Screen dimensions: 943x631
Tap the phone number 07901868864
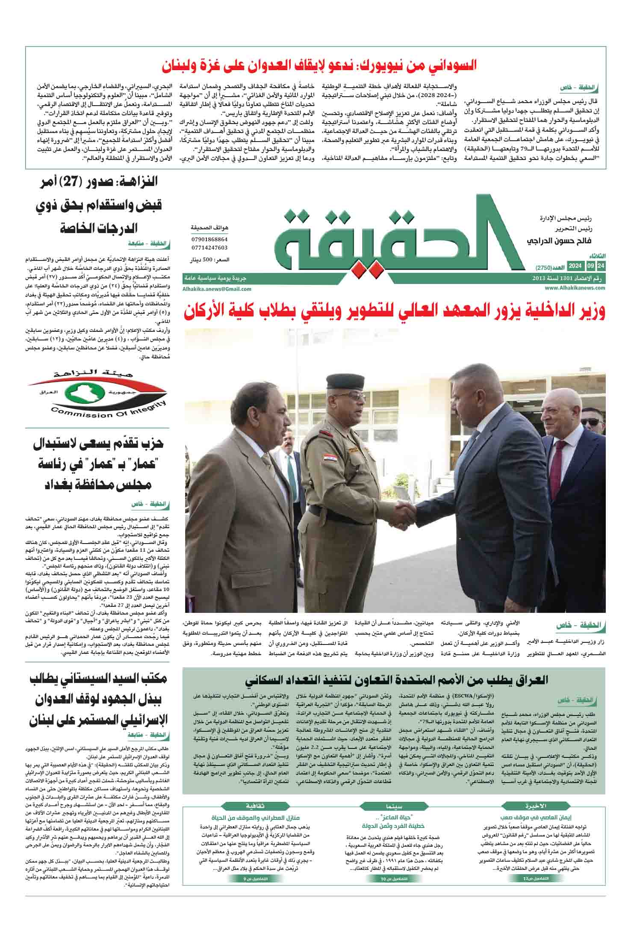(x=209, y=240)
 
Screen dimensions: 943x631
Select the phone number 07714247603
(x=209, y=248)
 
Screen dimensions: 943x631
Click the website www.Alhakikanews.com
(x=575, y=288)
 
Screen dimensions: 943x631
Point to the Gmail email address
(x=217, y=289)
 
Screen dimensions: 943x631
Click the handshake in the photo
(x=404, y=509)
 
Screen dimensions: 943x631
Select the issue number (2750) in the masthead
(x=545, y=267)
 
